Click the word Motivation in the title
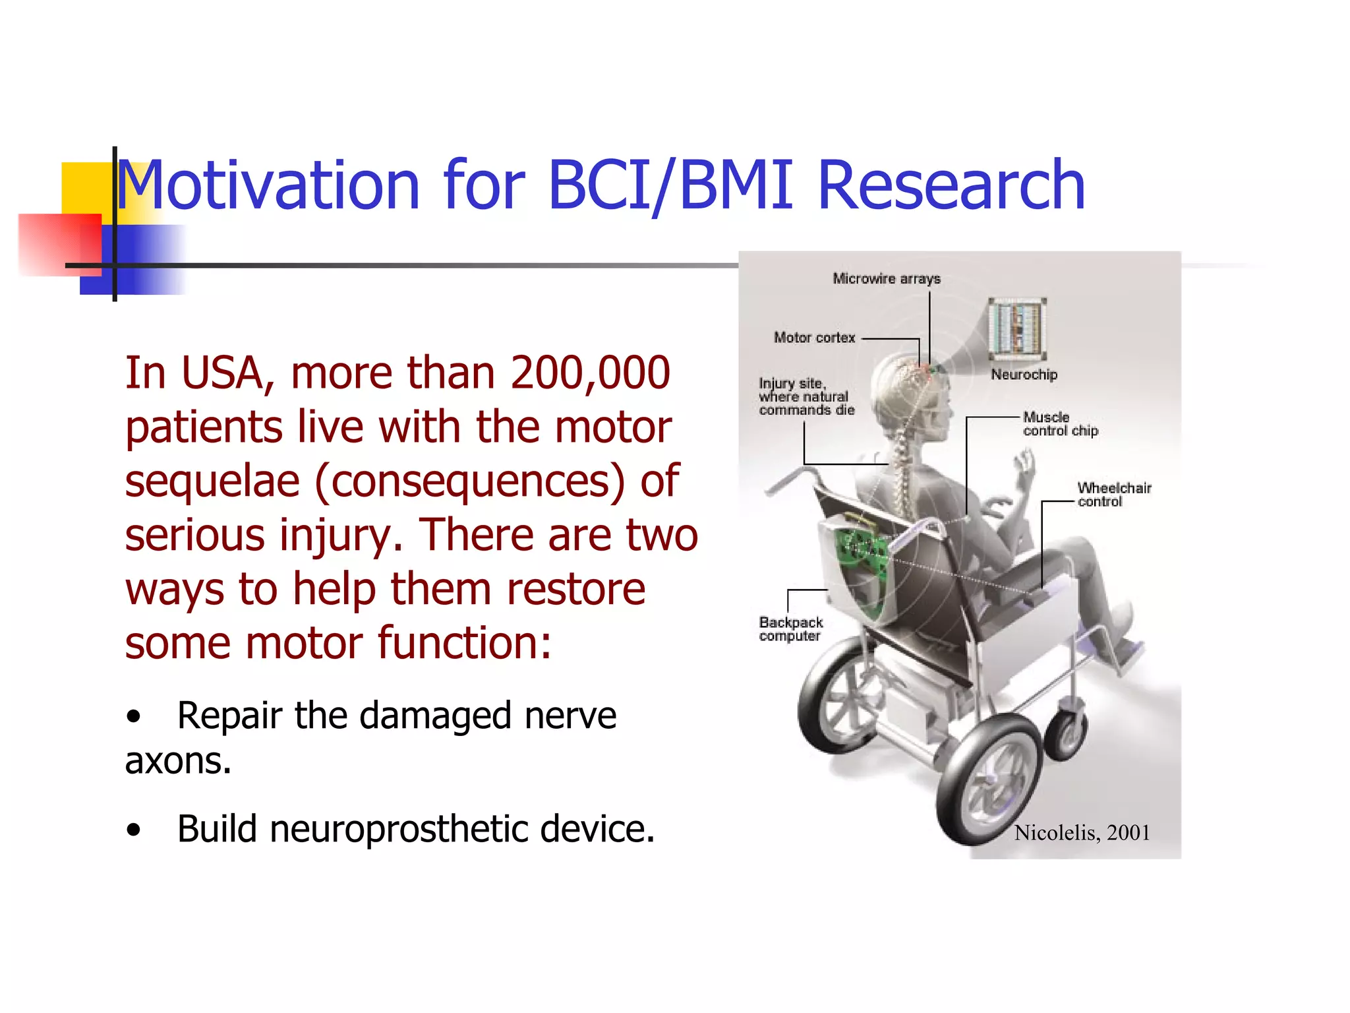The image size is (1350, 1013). coord(267,186)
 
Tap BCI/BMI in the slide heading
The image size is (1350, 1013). coord(670,186)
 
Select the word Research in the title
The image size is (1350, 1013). coord(951,186)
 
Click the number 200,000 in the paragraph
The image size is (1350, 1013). coord(590,374)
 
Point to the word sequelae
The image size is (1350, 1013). coord(212,481)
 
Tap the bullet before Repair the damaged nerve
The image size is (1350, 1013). coord(134,717)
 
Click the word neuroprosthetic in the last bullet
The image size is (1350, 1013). coord(398,830)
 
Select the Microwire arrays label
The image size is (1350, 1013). coord(886,279)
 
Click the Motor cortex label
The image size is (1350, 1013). coord(814,338)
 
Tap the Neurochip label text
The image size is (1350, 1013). coord(1024,375)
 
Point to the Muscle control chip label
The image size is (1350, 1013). coord(1059,424)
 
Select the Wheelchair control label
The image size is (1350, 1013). coord(1114,495)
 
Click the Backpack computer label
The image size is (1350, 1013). coord(790,629)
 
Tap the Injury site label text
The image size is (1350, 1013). coord(806,396)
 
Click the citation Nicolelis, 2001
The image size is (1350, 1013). coord(1082,833)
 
